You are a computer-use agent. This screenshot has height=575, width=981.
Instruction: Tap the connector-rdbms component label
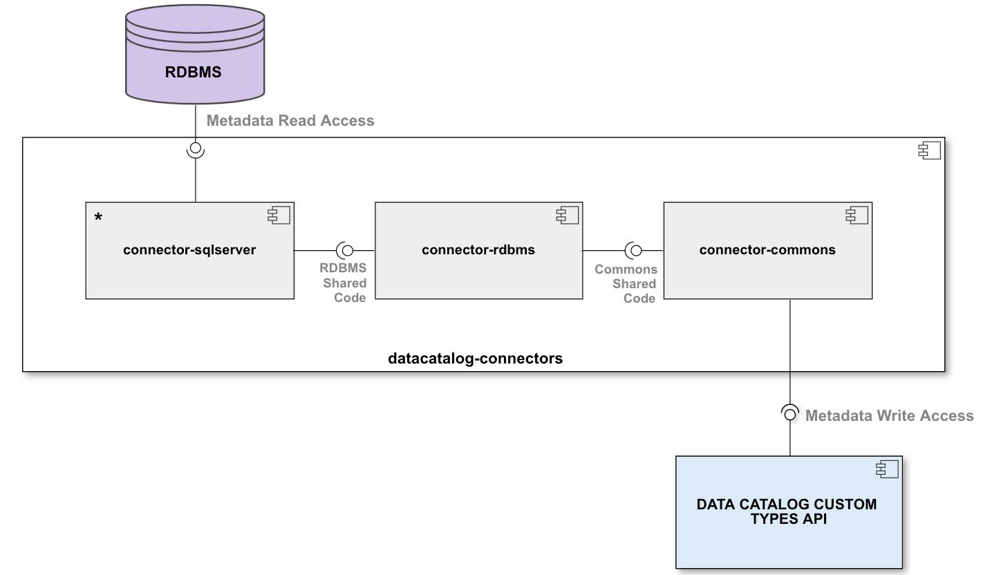(478, 250)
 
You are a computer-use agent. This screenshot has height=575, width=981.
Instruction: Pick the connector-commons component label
(767, 250)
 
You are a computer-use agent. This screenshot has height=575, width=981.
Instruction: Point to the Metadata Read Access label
(290, 121)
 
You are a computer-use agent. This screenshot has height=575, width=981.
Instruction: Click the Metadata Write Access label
(889, 415)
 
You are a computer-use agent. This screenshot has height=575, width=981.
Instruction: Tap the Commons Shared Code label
(626, 283)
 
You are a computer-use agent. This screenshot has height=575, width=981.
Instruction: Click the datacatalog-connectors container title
(476, 359)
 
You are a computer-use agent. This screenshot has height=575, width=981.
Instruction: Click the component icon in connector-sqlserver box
(279, 216)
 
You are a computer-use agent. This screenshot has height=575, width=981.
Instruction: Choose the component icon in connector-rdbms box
(568, 216)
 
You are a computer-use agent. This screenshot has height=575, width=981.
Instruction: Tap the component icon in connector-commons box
(857, 216)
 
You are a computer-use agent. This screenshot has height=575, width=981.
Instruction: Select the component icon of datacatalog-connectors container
(929, 151)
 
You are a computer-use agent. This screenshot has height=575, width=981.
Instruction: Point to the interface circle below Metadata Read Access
(196, 148)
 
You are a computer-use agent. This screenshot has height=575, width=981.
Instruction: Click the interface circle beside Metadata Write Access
(790, 413)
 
